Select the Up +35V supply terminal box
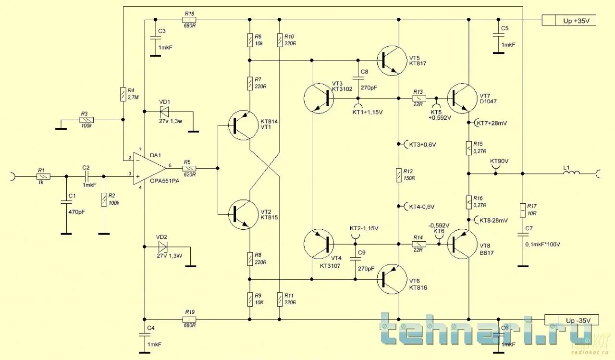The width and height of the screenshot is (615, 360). pos(569,21)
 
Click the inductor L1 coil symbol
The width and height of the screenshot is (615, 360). pos(572,173)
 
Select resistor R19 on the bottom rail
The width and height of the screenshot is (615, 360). pos(189,319)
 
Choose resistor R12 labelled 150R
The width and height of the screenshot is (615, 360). pos(398,175)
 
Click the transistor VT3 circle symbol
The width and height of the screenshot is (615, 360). pos(319,98)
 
